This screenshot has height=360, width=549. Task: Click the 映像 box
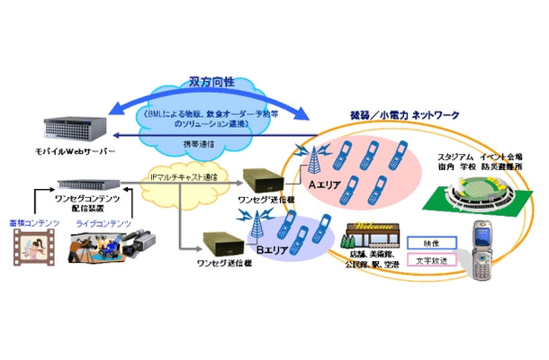[427, 244]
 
